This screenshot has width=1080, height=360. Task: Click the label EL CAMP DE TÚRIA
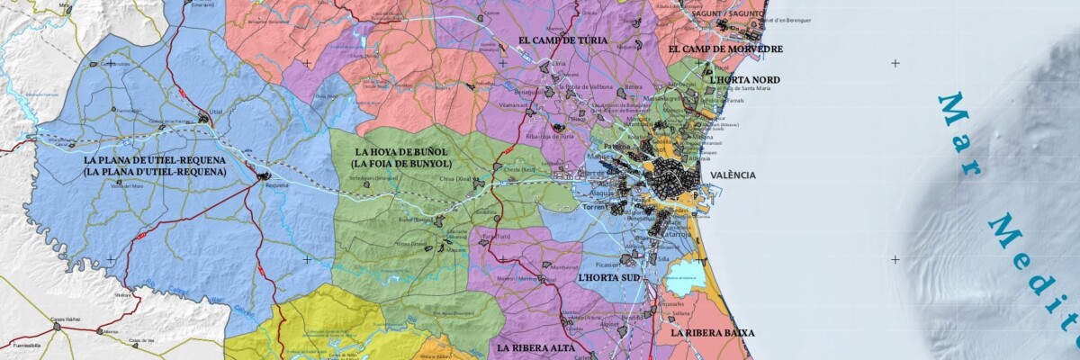pos(562,40)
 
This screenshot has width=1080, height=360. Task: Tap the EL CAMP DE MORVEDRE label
pos(725,49)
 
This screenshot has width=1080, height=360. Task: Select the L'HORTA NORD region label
pos(744,80)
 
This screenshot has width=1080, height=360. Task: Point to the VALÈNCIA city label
pos(733,175)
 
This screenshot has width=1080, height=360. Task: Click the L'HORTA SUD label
pos(609,278)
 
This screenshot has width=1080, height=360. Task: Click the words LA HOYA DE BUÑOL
pos(402,151)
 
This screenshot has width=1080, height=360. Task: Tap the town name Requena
pos(276,185)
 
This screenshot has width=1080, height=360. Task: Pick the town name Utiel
pos(215,112)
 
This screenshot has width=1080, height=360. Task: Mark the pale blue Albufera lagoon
pos(686,271)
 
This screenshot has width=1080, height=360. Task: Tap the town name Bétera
pos(634,87)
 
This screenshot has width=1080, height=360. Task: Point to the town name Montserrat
pos(564,267)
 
